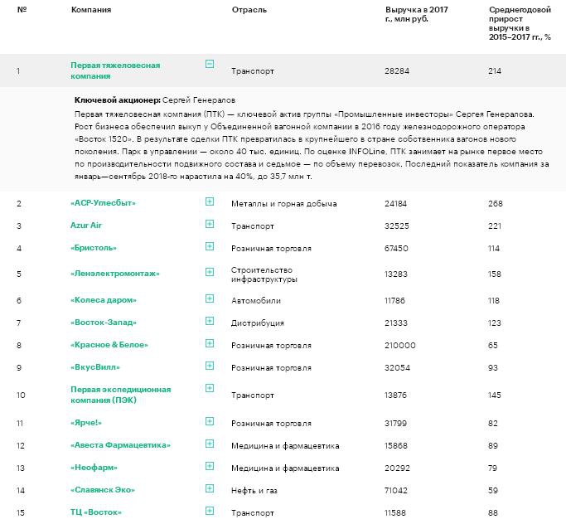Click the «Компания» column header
click(x=91, y=9)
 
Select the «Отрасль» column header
click(x=248, y=9)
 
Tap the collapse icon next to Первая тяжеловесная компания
click(x=209, y=64)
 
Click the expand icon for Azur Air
click(x=209, y=224)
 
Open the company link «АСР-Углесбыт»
click(x=104, y=202)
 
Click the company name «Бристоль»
click(x=94, y=247)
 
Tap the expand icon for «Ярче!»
click(x=209, y=421)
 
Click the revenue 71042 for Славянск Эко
click(x=397, y=490)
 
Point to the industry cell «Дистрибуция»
click(x=259, y=323)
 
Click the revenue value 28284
click(x=397, y=71)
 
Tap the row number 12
click(x=19, y=446)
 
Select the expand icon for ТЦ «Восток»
click(x=209, y=511)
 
